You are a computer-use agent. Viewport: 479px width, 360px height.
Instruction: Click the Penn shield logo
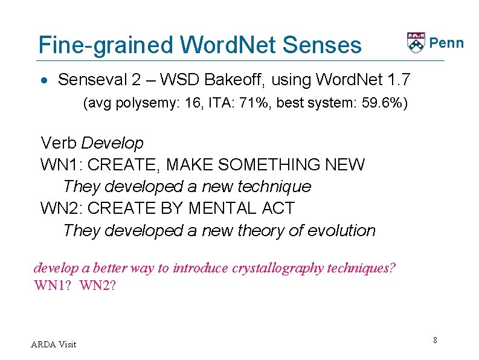pos(416,42)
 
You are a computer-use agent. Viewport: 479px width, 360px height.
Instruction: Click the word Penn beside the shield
pos(446,43)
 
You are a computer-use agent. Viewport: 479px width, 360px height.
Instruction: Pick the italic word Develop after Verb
pos(112,144)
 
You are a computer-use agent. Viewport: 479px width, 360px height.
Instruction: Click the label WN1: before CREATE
pos(59,165)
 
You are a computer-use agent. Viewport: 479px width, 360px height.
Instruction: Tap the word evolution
pos(341,231)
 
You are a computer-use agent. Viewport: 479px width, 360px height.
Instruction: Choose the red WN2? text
pos(96,284)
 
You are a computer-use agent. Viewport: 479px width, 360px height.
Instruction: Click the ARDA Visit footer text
pos(54,344)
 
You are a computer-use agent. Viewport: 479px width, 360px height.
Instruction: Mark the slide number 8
pos(435,341)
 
